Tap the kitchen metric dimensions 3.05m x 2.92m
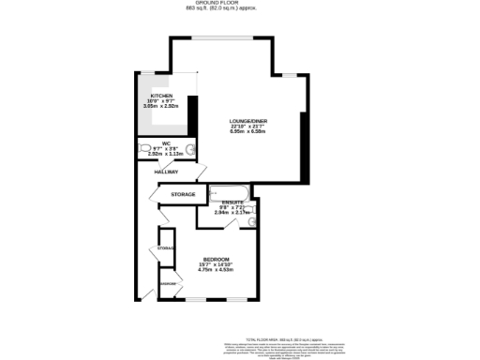[161, 106]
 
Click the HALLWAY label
[167, 172]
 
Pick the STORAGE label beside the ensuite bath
[183, 194]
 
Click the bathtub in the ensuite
[225, 193]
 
